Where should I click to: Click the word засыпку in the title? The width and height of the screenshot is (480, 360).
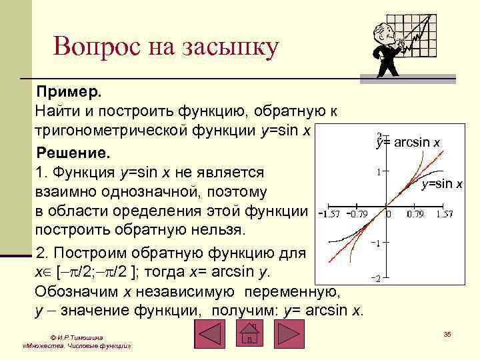point(233,48)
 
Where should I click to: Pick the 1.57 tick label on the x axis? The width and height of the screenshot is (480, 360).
point(445,215)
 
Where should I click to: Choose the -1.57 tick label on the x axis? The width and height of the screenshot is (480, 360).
point(328,215)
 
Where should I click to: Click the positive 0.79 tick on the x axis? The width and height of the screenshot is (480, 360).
point(415,215)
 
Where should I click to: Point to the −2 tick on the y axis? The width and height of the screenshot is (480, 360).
point(376,279)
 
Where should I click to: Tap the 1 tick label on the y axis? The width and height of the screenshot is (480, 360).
point(379,172)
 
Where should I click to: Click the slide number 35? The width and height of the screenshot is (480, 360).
point(447,333)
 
